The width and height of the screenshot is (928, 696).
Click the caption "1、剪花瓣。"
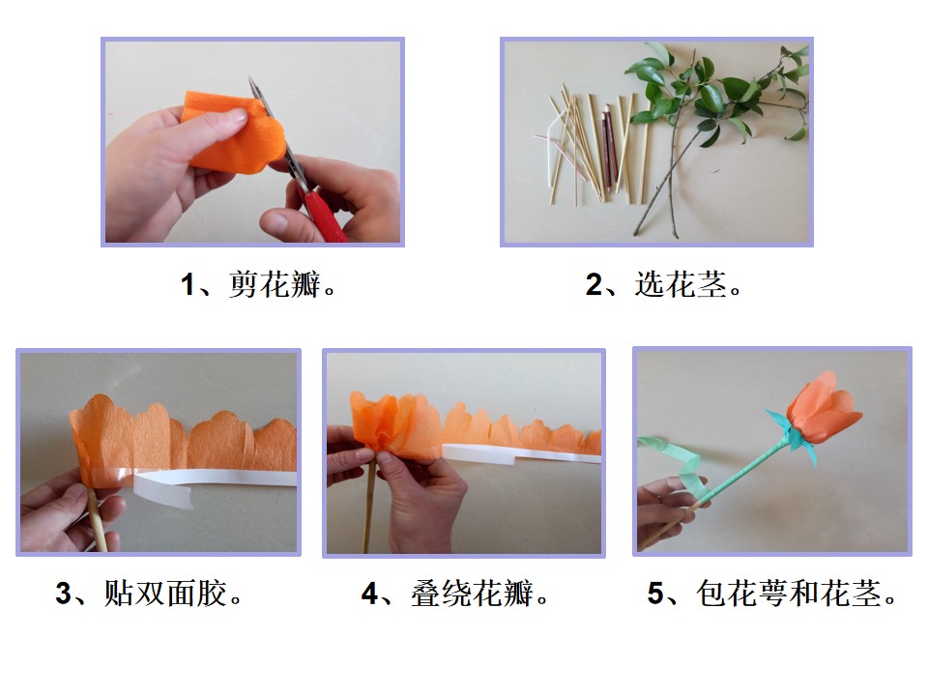(258, 284)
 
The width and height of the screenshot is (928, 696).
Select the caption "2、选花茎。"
(663, 284)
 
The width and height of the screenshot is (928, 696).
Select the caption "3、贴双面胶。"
(149, 594)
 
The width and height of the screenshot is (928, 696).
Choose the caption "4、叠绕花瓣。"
(455, 594)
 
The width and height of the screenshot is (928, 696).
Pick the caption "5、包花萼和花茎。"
(772, 594)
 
